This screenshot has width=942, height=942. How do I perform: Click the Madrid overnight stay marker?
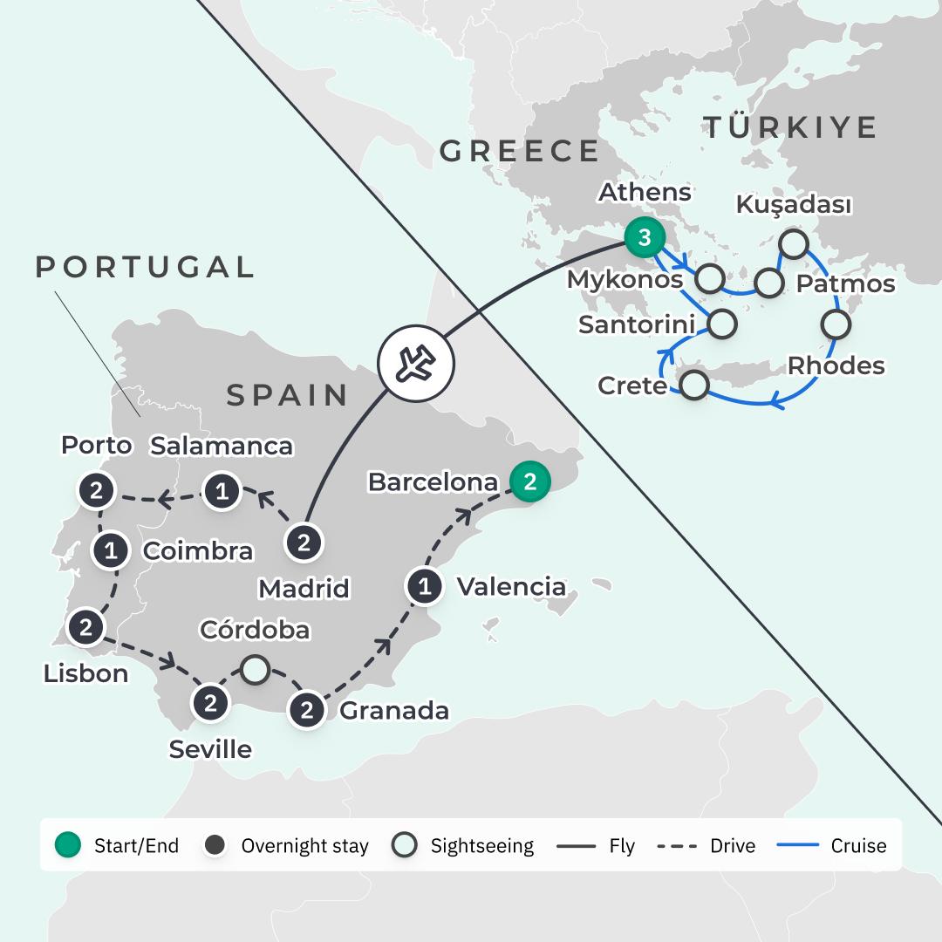point(304,543)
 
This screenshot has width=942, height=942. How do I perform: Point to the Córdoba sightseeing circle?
point(254,669)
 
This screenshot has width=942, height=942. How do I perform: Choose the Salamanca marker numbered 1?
point(222,492)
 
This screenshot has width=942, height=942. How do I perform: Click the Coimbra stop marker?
point(111,550)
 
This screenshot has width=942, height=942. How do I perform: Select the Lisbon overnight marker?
point(85,626)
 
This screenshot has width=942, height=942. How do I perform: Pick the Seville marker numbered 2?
point(210,702)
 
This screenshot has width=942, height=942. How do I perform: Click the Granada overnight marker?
point(307,709)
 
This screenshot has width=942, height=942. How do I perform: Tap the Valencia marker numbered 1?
point(425,586)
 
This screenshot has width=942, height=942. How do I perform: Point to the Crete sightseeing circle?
point(693,385)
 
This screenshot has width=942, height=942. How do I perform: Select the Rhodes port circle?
point(835,325)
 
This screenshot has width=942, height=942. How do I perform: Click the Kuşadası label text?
point(794,205)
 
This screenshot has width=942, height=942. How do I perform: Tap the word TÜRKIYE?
point(790,127)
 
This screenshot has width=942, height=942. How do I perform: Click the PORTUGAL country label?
point(145,267)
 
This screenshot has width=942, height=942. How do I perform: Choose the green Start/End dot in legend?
point(68,845)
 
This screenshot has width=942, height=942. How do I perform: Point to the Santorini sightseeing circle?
point(721,324)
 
